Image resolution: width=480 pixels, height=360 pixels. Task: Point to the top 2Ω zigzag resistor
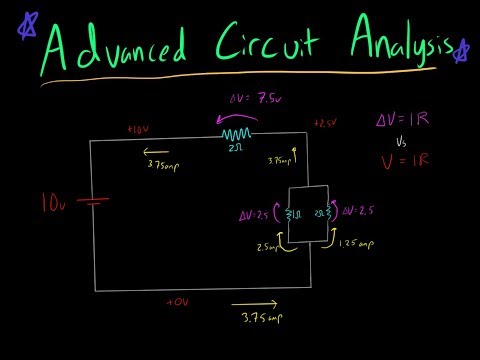(236, 134)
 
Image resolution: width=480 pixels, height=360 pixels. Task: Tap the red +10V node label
(137, 131)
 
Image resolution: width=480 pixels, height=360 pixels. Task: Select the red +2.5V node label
(325, 123)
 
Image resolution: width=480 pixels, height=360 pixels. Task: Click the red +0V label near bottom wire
(178, 300)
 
